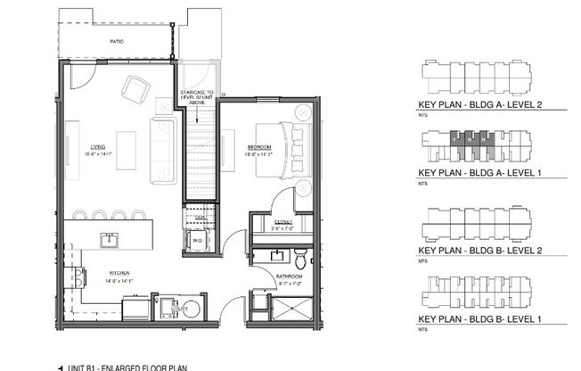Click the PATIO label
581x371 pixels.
(x=117, y=41)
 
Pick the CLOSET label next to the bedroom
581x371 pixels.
(x=283, y=224)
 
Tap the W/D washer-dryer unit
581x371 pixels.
(x=198, y=239)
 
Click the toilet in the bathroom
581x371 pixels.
(x=300, y=260)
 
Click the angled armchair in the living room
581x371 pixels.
(x=136, y=88)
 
